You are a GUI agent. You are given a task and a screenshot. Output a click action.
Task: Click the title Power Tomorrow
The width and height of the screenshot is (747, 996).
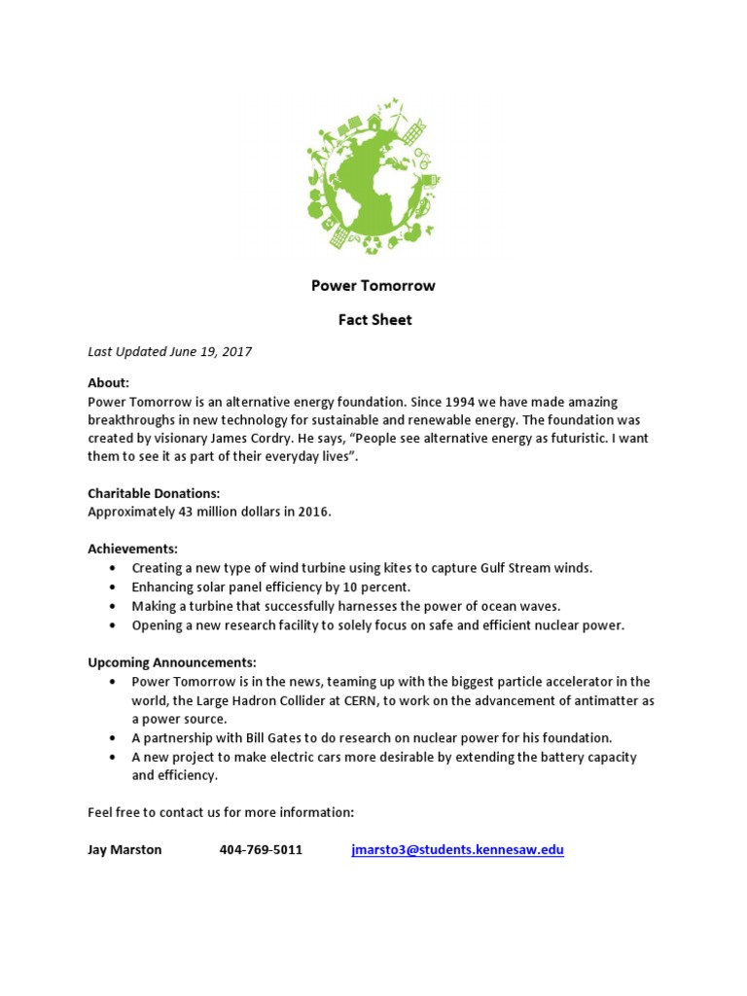(373, 286)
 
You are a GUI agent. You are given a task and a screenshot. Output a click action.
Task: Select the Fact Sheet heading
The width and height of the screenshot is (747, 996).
(373, 320)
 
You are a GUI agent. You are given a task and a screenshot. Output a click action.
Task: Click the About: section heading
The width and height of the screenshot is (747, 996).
(108, 383)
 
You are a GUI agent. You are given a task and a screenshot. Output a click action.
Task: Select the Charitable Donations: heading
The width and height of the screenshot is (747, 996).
(154, 494)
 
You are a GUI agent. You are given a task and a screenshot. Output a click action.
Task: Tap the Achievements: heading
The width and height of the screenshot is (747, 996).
(132, 550)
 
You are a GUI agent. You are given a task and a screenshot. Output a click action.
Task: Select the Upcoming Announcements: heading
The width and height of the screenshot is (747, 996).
(172, 662)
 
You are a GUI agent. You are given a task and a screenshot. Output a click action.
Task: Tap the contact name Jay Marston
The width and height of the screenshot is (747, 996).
(124, 850)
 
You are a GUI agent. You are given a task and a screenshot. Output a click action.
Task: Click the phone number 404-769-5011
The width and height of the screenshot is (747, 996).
(261, 850)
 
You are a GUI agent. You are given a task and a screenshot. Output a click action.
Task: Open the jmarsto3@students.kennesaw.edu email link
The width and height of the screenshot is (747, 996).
(457, 850)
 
